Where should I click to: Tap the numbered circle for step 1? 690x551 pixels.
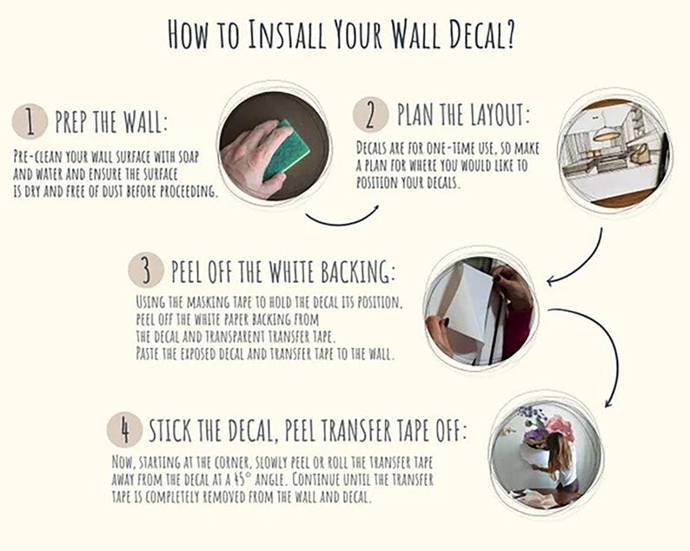[30, 121]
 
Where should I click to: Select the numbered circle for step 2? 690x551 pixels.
[370, 115]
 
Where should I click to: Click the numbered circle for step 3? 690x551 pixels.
[146, 270]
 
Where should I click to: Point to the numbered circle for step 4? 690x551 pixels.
[125, 430]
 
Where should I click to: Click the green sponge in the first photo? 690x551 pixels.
[286, 149]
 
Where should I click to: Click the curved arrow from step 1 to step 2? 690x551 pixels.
[342, 223]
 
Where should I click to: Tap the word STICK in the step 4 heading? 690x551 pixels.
[169, 430]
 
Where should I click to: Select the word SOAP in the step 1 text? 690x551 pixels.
[189, 156]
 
